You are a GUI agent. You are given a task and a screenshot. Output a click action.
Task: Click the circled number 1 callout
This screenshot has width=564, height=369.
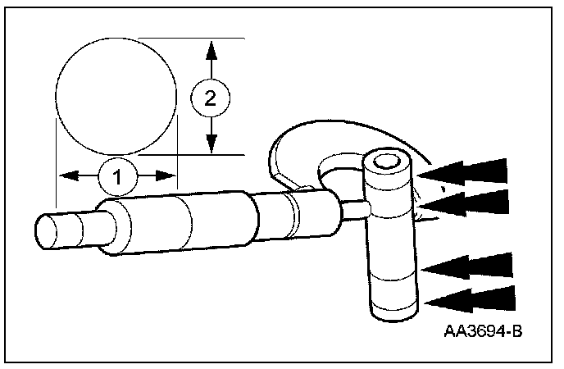pos(117,176)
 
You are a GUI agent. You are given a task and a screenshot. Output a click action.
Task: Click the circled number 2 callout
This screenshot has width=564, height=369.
pos(211,98)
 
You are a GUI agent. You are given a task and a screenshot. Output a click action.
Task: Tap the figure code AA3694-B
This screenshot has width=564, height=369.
pos(483,331)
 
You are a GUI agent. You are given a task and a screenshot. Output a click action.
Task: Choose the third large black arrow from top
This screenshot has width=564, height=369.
pos(466,266)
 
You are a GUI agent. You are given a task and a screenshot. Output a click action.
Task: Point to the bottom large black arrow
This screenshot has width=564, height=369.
pos(470,299)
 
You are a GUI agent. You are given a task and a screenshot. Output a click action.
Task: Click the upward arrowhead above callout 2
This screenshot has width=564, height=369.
pos(211,50)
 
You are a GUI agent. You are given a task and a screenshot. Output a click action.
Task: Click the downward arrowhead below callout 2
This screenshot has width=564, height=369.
pos(211,143)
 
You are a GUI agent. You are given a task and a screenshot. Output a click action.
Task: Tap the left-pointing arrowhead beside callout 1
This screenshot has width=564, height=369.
pos(69,175)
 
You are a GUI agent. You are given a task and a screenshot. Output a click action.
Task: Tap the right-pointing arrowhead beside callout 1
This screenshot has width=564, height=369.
pos(166,175)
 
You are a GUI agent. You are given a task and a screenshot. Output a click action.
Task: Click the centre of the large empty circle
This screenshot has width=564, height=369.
pos(116,97)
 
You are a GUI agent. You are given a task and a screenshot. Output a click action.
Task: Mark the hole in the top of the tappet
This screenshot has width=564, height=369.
pos(387,162)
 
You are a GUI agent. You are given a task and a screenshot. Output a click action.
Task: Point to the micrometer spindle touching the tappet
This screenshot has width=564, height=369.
pos(354,211)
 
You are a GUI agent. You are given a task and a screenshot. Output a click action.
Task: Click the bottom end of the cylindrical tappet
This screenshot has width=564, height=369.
pos(394,313)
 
